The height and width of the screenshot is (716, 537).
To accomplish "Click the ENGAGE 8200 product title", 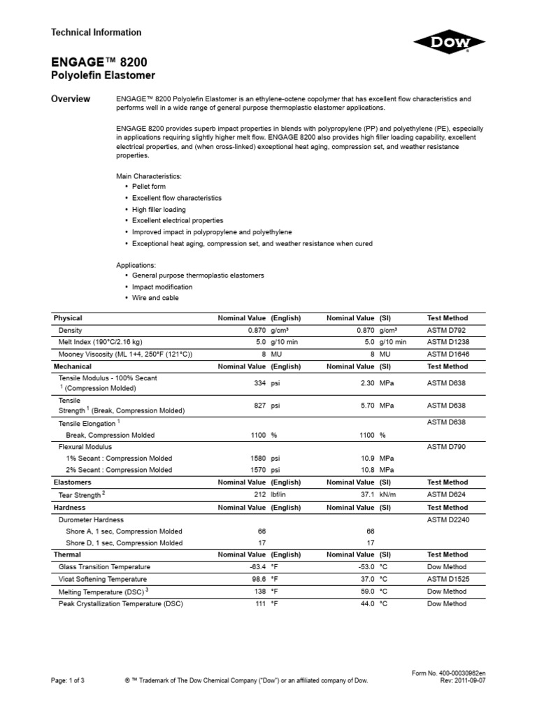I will tap(94, 62).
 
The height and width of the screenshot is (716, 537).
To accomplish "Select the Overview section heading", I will tap(71, 99).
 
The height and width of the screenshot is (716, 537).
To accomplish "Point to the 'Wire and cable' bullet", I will tap(155, 298).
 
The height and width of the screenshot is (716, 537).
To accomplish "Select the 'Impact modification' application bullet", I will tap(162, 287).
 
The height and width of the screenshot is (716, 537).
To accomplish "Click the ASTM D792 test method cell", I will tap(447, 329).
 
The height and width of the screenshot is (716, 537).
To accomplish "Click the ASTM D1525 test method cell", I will tap(449, 580).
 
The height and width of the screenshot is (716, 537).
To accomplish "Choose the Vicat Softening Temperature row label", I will tap(103, 580).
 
